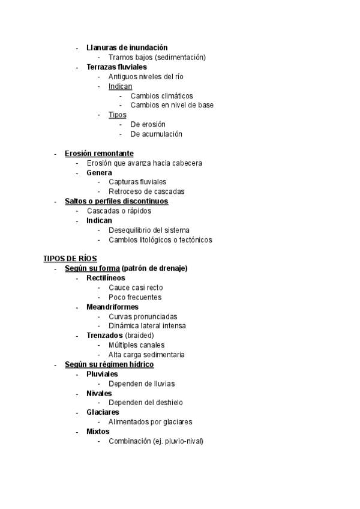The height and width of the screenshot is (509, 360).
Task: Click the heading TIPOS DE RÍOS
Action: pos(70,259)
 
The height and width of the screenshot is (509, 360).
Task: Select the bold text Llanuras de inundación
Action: pos(127,47)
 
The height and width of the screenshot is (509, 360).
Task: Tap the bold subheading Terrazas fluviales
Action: pos(116,67)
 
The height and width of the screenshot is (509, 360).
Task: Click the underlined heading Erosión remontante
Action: pos(99,154)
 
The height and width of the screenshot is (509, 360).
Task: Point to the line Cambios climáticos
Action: pos(161,96)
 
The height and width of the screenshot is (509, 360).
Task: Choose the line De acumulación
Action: pos(156,134)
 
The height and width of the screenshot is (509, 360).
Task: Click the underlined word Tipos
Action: pos(117,115)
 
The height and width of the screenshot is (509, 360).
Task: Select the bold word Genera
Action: pos(99,173)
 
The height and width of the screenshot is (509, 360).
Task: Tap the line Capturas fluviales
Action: pos(137,182)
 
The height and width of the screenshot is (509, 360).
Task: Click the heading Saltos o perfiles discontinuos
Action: pos(116,202)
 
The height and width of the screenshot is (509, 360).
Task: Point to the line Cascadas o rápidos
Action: pos(119,211)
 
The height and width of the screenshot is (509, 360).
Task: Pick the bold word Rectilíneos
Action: pos(106,278)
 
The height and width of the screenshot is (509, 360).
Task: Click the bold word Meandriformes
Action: pos(112,307)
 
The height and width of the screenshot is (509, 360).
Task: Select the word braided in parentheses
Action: pos(139,336)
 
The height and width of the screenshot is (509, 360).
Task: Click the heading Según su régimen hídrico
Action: pos(109,364)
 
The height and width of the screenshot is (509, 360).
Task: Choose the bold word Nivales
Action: pos(99,393)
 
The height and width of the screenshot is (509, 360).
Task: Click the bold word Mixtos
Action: pos(98,432)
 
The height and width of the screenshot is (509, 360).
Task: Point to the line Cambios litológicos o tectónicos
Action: pos(160,240)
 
